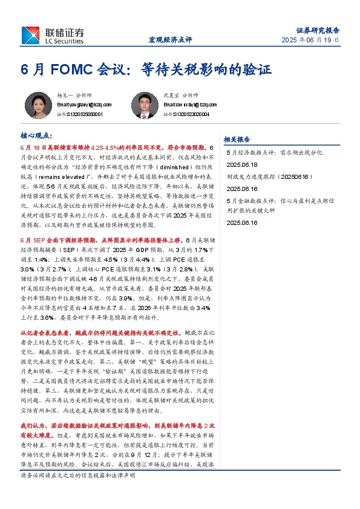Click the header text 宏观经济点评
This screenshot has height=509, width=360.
(170, 40)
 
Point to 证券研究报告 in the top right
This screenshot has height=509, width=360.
(318, 29)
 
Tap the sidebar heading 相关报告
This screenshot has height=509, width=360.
(237, 138)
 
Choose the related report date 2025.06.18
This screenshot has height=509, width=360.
(241, 164)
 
